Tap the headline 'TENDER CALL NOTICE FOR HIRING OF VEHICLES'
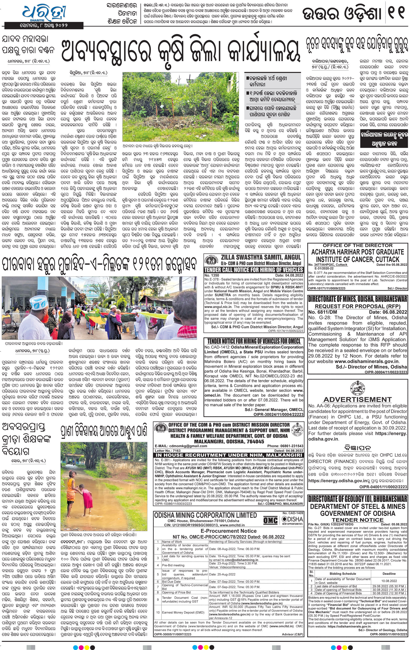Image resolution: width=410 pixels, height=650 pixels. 253,270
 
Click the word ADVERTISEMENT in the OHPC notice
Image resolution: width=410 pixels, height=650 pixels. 358,399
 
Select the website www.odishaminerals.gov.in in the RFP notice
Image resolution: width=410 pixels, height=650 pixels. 366,362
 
